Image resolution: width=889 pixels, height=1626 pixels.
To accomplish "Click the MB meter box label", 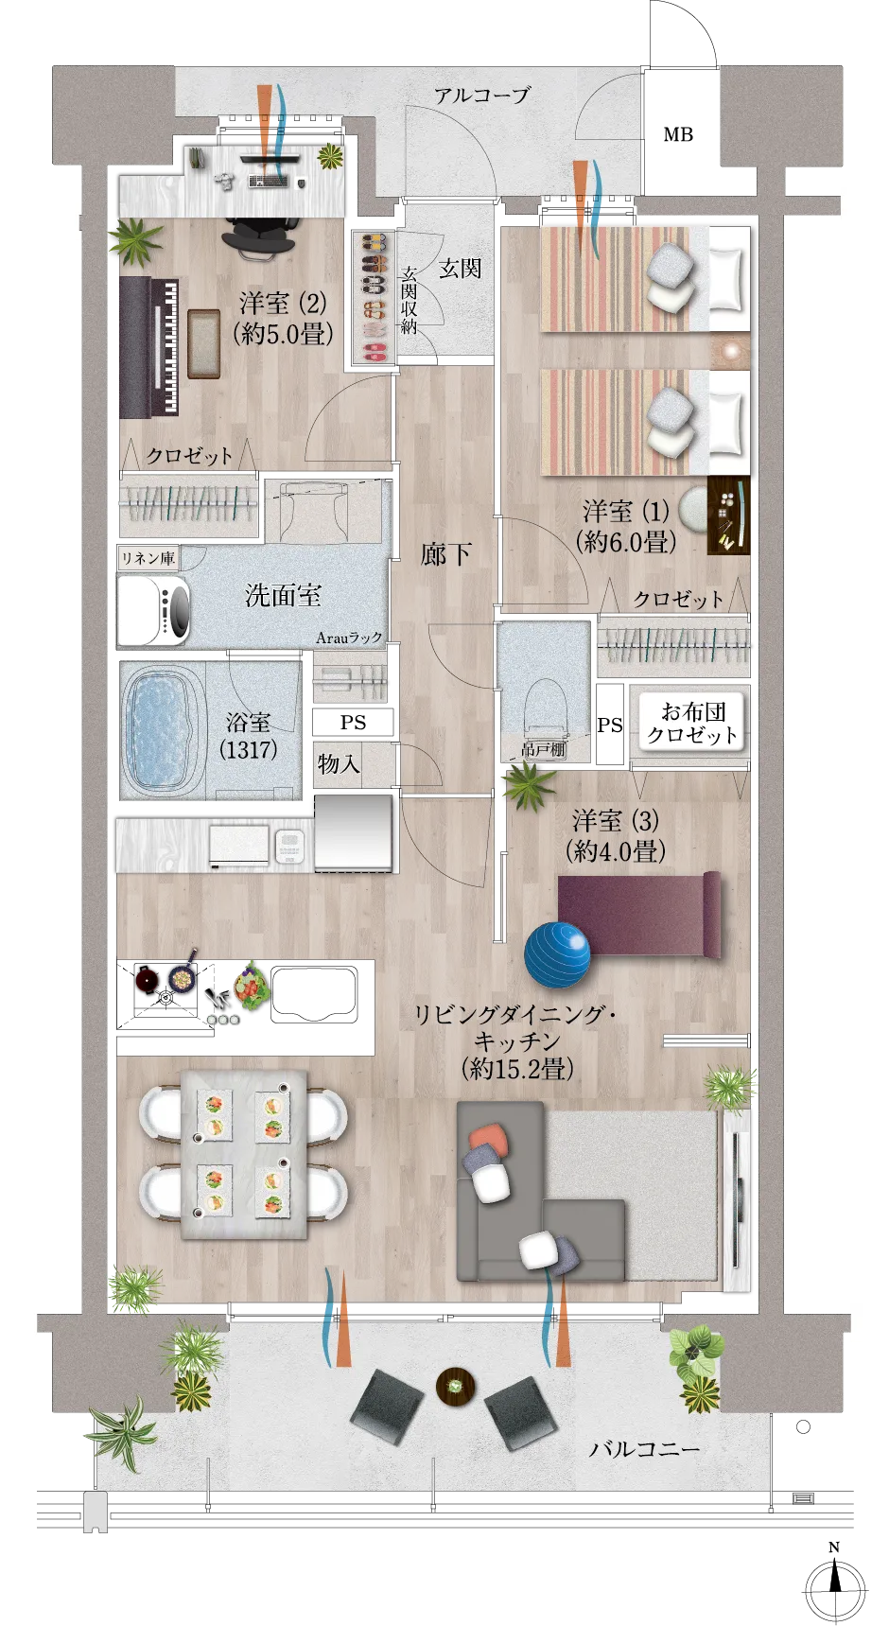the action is [x=678, y=134].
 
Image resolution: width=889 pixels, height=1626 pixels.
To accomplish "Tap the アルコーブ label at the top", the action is [x=481, y=95].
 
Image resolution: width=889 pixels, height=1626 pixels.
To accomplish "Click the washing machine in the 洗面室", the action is [x=153, y=610].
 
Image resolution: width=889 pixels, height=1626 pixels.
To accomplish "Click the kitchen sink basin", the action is [x=314, y=994].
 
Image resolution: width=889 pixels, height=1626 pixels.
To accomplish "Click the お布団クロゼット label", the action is [x=692, y=723].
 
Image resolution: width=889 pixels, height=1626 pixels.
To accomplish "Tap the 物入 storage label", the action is [x=339, y=762].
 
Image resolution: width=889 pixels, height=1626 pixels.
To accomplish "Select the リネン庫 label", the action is [x=148, y=558].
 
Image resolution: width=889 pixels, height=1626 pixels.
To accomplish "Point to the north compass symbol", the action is [x=834, y=1584].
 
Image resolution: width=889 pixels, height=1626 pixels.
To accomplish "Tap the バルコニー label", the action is [x=645, y=1448].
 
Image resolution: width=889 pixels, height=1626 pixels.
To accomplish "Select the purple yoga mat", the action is [x=639, y=915].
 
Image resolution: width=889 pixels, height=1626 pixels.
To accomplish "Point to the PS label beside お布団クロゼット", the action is [x=610, y=725].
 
